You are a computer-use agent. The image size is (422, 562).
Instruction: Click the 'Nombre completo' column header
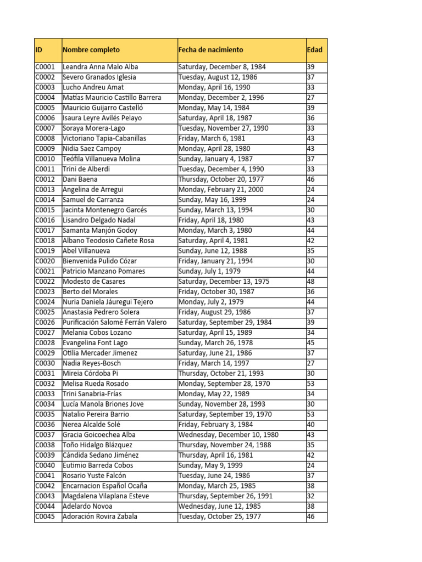click(91, 50)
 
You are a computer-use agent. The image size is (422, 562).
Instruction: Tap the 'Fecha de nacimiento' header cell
click(210, 50)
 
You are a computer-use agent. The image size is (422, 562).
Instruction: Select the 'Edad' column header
click(315, 50)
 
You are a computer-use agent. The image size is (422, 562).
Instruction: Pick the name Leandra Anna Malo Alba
click(101, 67)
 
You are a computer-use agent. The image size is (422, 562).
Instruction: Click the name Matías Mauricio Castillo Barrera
click(112, 98)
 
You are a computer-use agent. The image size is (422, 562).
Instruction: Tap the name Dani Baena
click(80, 179)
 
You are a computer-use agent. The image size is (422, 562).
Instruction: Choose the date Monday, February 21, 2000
click(221, 189)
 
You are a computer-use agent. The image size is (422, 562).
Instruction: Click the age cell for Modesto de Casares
click(310, 282)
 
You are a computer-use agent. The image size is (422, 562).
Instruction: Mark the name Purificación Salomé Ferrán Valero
click(115, 322)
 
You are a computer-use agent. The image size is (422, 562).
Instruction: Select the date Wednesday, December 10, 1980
click(228, 435)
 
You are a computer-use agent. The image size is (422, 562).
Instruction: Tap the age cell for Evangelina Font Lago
click(310, 343)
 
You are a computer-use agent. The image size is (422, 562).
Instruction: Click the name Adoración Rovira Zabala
click(100, 516)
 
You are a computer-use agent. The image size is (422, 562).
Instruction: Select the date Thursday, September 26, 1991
click(225, 496)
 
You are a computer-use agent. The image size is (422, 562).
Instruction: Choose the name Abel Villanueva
click(86, 251)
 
